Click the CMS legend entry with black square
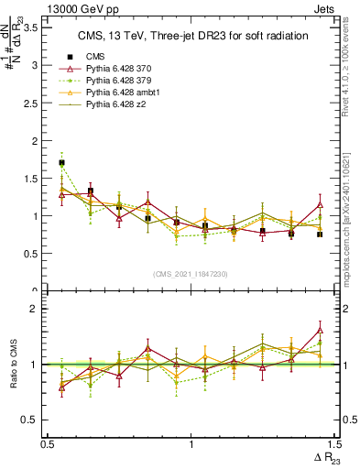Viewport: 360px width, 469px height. pyautogui.click(x=92, y=57)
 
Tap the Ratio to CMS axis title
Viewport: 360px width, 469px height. pyautogui.click(x=14, y=365)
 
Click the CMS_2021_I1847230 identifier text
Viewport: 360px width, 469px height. pyautogui.click(x=191, y=274)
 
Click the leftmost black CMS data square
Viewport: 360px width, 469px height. pyautogui.click(x=61, y=163)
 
